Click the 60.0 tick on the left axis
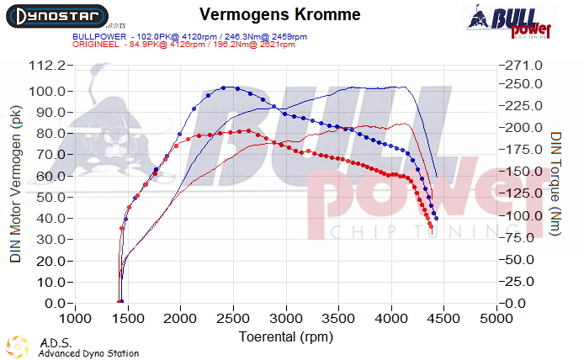coord(53,176)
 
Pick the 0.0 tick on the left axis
coord(56,303)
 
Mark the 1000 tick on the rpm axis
coord(76,320)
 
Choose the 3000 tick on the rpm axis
coord(286,320)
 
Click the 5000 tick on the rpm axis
coord(496,320)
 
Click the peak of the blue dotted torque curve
coord(226,87)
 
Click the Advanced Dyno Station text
coord(88,353)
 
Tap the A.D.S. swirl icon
coord(17,347)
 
